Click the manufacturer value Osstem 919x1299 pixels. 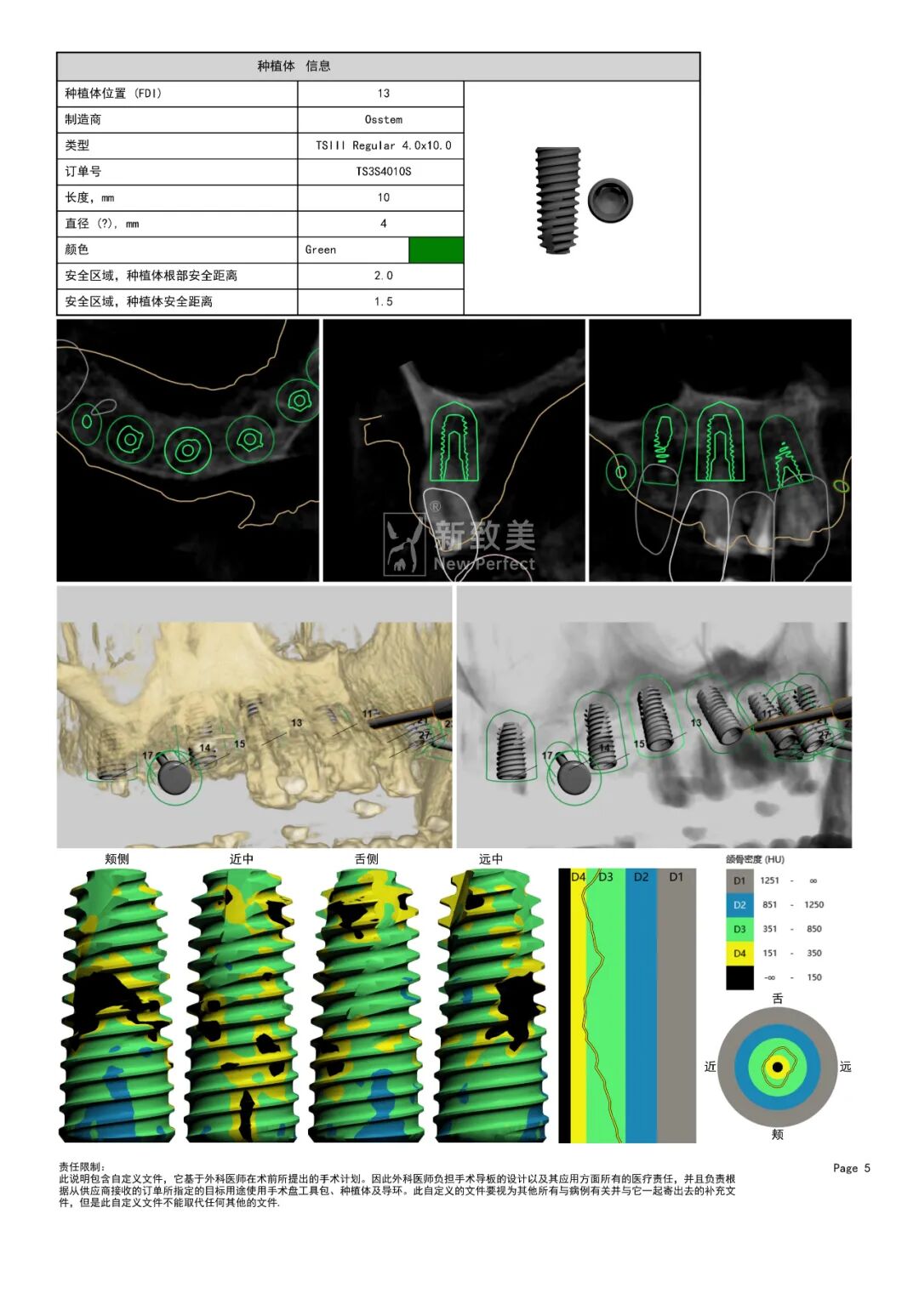point(383,119)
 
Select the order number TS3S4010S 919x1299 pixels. point(383,172)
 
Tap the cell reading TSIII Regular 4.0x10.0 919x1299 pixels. point(383,145)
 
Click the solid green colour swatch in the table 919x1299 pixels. point(436,250)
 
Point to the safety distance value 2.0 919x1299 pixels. point(383,276)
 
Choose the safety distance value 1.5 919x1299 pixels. point(383,301)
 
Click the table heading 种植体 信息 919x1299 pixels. point(294,66)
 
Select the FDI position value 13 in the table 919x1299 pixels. point(383,94)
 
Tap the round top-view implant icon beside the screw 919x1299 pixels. point(610,199)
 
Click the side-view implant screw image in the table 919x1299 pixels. point(557,200)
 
